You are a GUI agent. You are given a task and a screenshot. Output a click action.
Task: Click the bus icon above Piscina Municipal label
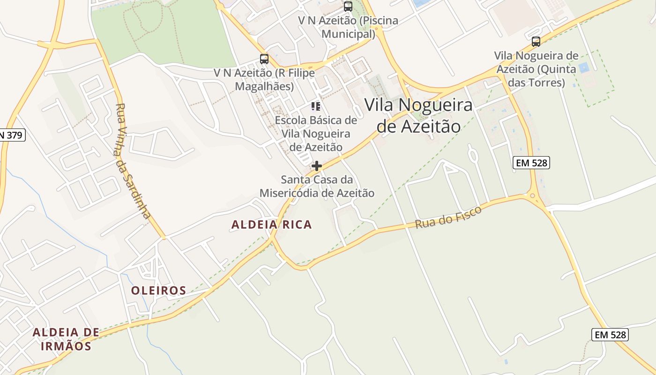(348, 7)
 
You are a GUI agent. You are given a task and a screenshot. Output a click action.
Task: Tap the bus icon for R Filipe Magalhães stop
(264, 59)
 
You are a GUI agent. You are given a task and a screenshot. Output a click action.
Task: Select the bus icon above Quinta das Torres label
(536, 42)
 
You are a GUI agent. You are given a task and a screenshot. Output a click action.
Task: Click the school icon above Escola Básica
(316, 106)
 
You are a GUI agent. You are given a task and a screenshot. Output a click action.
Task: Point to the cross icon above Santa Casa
(317, 166)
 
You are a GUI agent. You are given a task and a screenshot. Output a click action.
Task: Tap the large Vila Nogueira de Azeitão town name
(418, 115)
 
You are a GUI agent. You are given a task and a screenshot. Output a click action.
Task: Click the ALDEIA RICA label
(272, 225)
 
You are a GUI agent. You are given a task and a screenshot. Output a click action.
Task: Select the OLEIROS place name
(158, 291)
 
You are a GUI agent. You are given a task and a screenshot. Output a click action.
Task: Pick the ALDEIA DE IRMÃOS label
(66, 339)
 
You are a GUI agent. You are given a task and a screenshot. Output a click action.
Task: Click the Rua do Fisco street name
(448, 217)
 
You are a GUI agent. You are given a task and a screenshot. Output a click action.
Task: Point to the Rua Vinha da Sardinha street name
(134, 161)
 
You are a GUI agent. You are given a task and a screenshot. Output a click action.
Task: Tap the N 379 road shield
(11, 135)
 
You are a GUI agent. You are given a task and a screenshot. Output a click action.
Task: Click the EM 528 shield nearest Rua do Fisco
(531, 163)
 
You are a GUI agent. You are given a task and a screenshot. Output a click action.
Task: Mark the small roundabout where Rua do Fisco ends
(532, 195)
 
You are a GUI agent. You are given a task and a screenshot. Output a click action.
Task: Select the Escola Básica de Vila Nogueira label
(316, 134)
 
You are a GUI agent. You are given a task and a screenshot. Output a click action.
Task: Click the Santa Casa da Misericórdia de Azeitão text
(317, 186)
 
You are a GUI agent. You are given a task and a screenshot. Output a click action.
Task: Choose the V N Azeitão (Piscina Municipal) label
(348, 27)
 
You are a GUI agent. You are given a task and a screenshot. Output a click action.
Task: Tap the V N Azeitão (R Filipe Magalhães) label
(264, 80)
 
